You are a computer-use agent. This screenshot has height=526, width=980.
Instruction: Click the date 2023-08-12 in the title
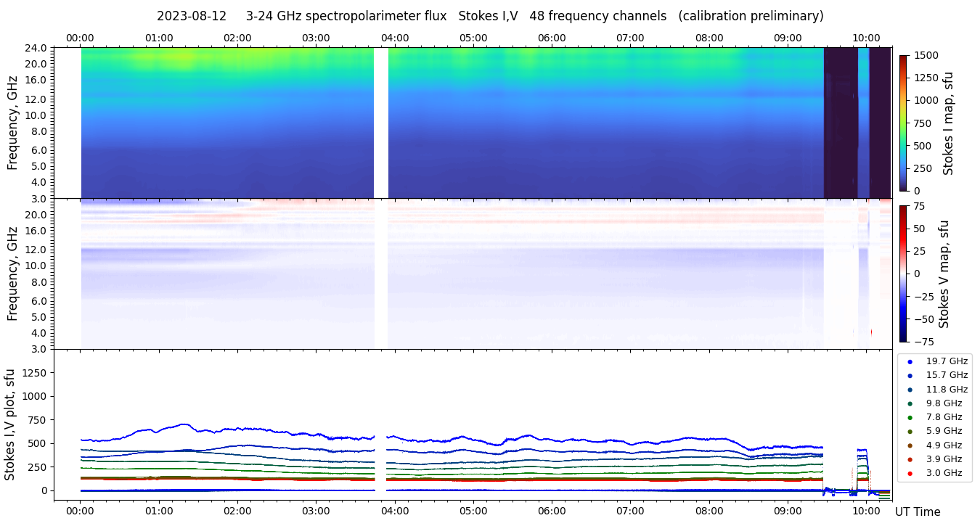click(x=192, y=16)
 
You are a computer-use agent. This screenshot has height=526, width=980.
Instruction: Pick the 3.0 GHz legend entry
click(x=944, y=473)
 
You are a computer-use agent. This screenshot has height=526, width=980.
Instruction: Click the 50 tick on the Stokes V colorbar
click(x=918, y=229)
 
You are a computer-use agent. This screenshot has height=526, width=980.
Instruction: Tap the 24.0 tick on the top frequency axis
click(x=38, y=48)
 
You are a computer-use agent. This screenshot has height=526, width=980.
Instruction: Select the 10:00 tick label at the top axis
click(x=866, y=38)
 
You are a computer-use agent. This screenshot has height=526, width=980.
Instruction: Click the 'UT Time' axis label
click(x=918, y=511)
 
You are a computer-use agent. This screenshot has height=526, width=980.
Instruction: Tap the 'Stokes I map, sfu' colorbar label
click(x=948, y=123)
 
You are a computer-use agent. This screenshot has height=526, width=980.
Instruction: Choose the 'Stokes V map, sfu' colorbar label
click(x=944, y=274)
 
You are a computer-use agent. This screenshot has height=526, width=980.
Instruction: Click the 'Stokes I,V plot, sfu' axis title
click(x=10, y=424)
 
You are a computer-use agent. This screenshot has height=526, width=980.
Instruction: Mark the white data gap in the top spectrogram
click(x=381, y=123)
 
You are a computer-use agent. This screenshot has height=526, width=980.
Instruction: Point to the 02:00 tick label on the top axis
click(x=237, y=38)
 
